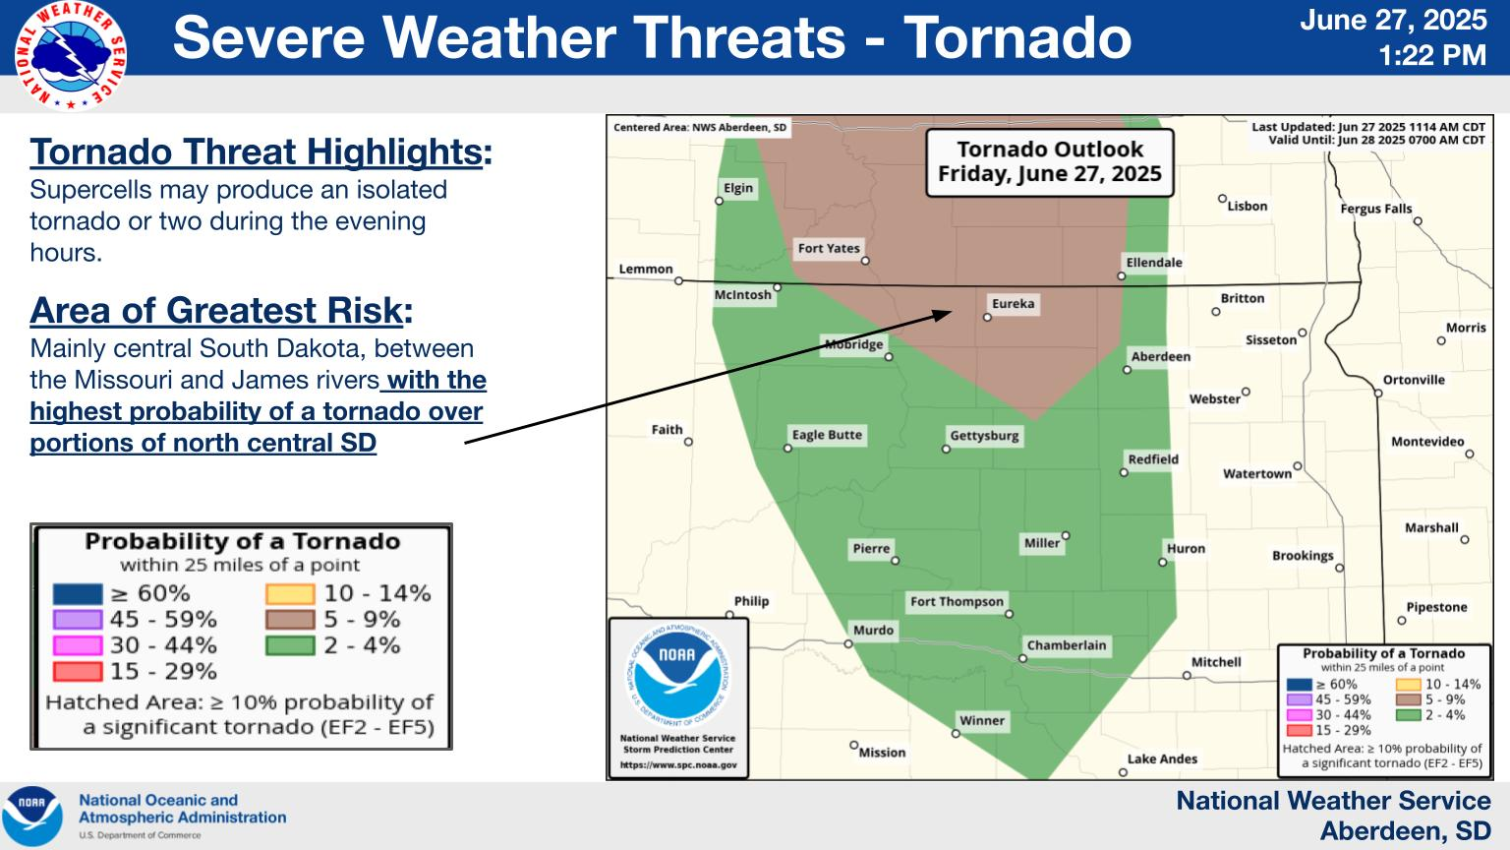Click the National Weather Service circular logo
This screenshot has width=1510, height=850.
click(71, 55)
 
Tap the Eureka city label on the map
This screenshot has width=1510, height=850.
click(1013, 304)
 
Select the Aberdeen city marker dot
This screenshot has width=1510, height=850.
click(1127, 370)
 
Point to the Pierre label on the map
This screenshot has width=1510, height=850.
click(871, 548)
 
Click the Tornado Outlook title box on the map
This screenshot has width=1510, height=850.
click(1050, 162)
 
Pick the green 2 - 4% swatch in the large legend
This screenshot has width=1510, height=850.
click(290, 645)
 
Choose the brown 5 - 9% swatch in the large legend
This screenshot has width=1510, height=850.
click(290, 619)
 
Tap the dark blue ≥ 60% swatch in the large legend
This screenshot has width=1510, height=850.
click(78, 593)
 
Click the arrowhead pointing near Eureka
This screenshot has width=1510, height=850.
click(942, 315)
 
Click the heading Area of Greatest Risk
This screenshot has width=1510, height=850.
click(221, 310)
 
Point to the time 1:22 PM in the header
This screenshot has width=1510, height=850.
click(1431, 55)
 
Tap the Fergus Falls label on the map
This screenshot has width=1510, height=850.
click(1376, 209)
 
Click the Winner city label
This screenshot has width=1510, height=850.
click(981, 720)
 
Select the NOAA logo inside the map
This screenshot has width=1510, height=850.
click(678, 675)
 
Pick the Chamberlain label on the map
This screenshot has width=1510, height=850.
click(1067, 645)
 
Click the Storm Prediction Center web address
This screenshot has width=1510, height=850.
click(678, 765)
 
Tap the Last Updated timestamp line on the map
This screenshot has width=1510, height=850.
click(1368, 127)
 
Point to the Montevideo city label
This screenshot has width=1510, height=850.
click(1427, 441)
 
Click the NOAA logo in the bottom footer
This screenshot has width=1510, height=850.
click(32, 817)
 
